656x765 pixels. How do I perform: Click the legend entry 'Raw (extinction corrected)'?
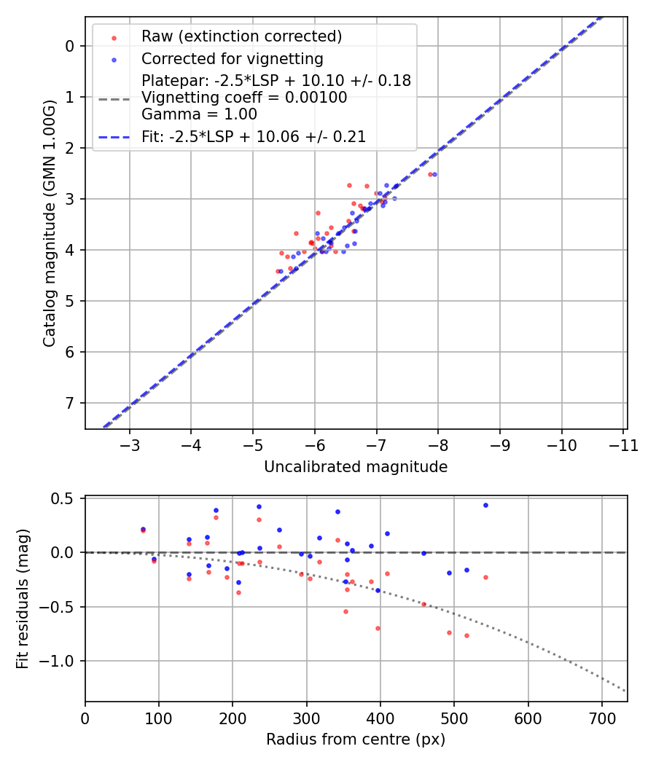(x=241, y=36)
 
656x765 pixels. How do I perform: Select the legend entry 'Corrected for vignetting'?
(x=232, y=58)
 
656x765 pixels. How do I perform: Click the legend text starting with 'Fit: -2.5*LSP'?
(x=254, y=137)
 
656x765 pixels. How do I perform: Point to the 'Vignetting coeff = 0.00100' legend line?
(x=244, y=98)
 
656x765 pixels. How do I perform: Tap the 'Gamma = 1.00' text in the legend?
(x=199, y=114)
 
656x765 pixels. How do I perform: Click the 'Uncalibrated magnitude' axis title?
(x=356, y=467)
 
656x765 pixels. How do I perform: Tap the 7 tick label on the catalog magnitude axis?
(x=70, y=403)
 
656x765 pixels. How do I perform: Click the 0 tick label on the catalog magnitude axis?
(x=70, y=47)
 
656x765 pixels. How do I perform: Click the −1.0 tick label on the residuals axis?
(x=62, y=661)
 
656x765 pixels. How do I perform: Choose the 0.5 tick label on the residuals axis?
(x=66, y=498)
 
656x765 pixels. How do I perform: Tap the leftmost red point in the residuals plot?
(x=143, y=530)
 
